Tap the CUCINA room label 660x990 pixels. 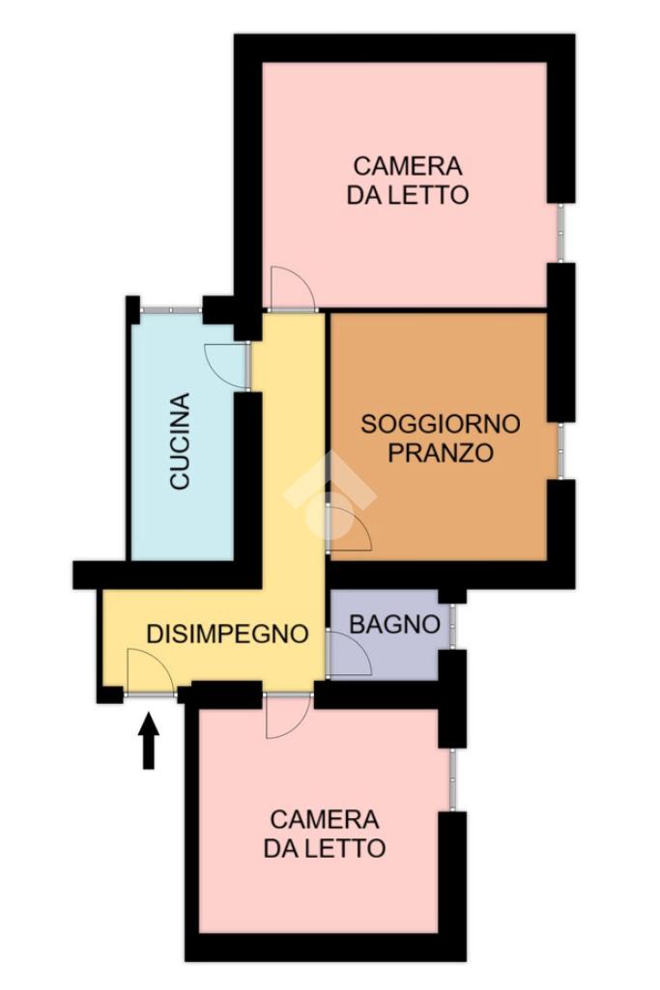(181, 441)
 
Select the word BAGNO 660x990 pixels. (394, 625)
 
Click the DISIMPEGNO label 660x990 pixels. (227, 634)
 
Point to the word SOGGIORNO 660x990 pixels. (441, 424)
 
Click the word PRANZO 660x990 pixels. (441, 453)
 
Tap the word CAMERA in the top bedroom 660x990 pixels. (408, 166)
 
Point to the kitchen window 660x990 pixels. (170, 310)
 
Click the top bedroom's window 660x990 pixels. (560, 233)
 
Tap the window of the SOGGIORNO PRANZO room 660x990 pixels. (560, 450)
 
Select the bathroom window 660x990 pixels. (452, 626)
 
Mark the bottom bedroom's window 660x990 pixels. (452, 779)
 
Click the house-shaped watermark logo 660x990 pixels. (330, 495)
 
